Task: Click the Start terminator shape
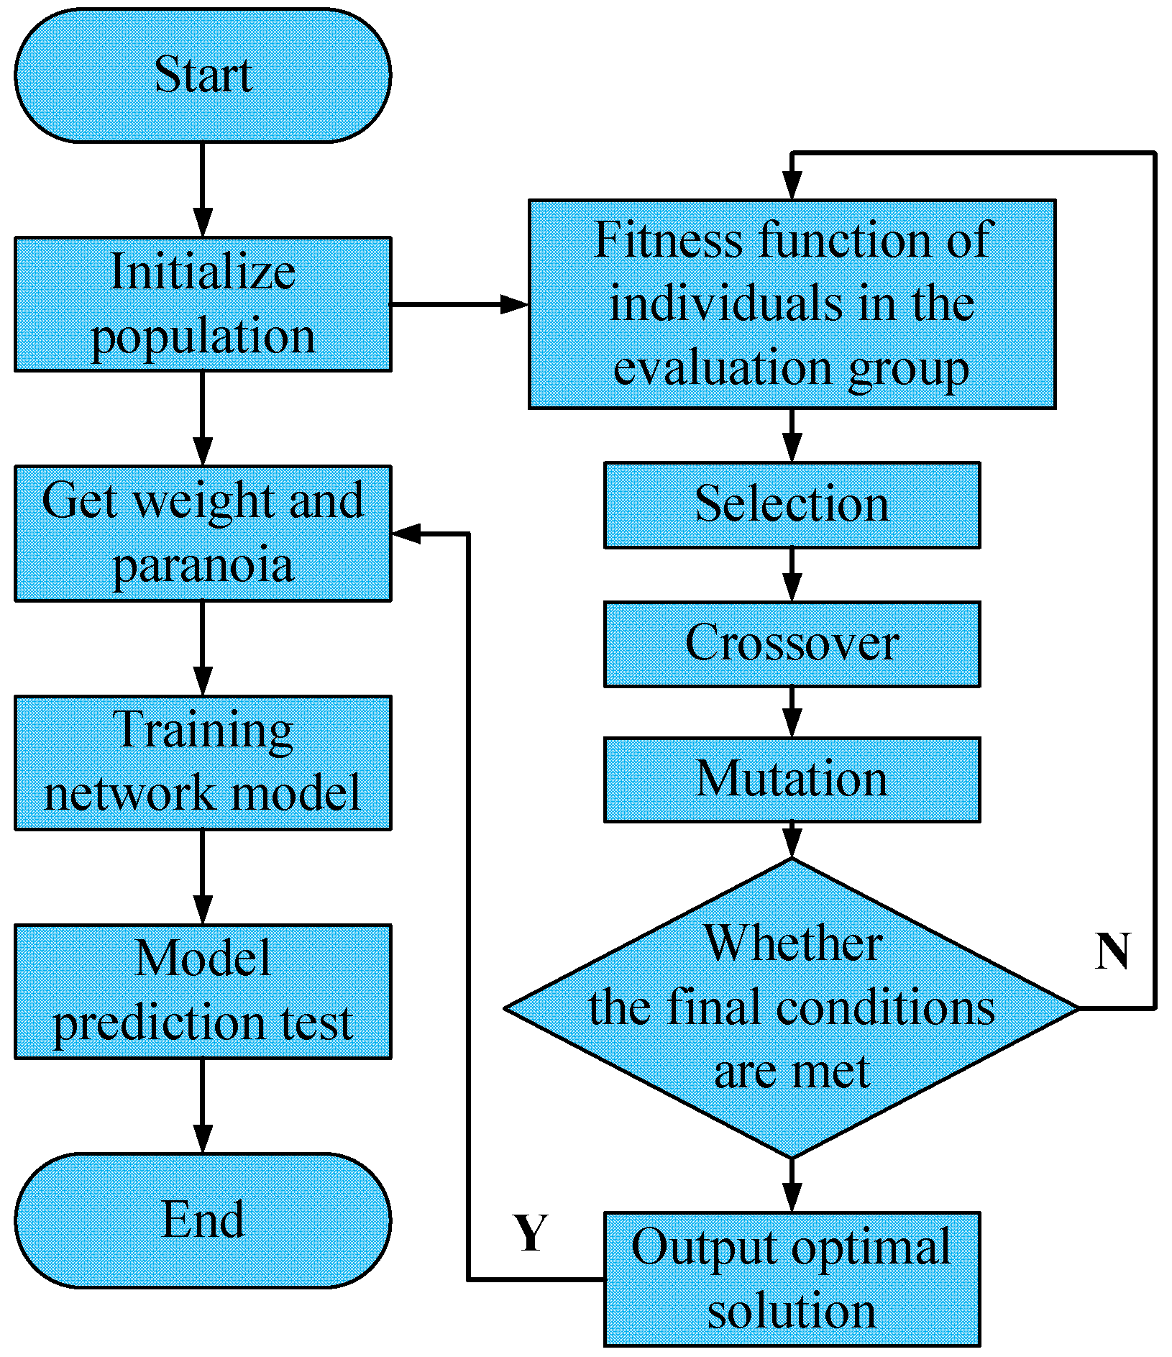203,76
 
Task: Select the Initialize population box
203,304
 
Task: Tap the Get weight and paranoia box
203,534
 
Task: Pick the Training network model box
203,763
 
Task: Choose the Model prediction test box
203,992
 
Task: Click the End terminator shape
203,1220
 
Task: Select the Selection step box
792,505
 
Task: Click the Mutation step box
792,780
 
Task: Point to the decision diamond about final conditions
792,1008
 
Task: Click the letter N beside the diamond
1112,951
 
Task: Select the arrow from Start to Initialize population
203,190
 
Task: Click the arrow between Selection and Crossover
792,575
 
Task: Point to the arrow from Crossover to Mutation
792,712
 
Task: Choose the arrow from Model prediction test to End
203,1106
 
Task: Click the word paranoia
203,566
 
